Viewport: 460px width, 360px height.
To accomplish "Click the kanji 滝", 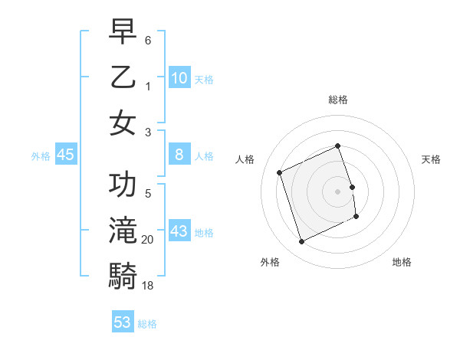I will click(123, 231).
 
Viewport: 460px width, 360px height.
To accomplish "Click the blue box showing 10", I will click(179, 78).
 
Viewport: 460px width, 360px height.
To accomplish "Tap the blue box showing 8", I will click(179, 155).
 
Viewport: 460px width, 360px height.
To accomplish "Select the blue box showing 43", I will click(179, 231).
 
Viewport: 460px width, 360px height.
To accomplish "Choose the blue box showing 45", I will click(66, 155).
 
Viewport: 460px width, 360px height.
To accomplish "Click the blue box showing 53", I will click(123, 322).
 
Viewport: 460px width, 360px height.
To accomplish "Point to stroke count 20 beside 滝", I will click(148, 240).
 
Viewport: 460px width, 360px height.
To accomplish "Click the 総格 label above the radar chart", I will click(338, 100).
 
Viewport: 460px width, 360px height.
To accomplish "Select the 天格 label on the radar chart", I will click(431, 159).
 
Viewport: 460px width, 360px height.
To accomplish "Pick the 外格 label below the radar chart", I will click(270, 263).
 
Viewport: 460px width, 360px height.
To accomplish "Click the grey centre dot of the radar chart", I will click(338, 191).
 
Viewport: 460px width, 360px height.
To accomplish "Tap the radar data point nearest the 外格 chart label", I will click(301, 242).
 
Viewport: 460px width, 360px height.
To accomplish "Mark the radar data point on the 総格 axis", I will click(338, 146).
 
